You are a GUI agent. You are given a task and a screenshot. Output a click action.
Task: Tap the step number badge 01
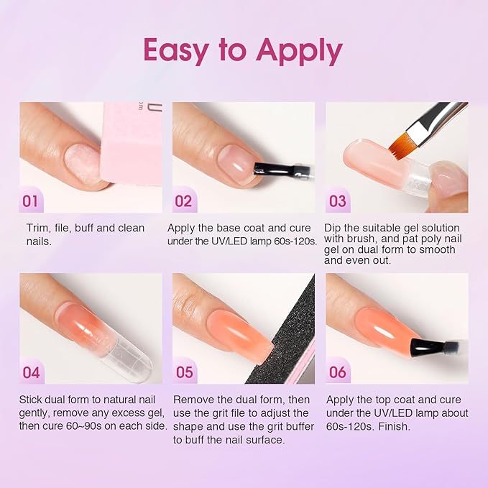(x=30, y=201)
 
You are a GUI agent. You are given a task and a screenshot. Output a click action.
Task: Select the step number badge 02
(x=183, y=201)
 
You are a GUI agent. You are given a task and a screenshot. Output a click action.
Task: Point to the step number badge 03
(x=337, y=201)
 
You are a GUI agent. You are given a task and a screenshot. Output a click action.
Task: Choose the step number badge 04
(x=31, y=372)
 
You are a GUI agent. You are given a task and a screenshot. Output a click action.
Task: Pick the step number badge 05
(x=184, y=372)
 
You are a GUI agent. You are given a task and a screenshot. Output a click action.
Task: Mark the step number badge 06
(x=337, y=372)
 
